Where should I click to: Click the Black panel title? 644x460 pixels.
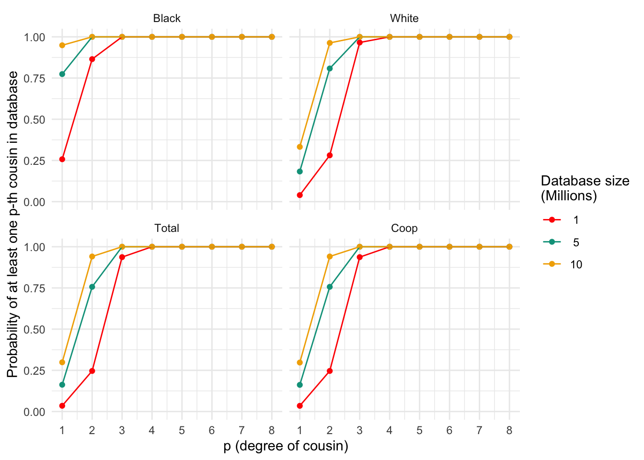point(167,18)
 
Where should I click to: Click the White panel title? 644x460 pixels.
point(404,18)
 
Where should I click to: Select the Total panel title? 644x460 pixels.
point(167,228)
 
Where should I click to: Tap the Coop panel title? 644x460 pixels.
point(404,228)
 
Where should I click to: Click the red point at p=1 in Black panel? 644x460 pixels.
point(62,159)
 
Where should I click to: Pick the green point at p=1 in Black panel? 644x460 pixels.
point(62,74)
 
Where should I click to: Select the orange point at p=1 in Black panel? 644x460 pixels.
point(62,45)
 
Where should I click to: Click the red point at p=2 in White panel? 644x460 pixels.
point(330,155)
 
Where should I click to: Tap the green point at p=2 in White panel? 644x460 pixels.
point(330,69)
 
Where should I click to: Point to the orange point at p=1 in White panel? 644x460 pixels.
point(300,147)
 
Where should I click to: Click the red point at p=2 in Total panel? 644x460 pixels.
point(92,371)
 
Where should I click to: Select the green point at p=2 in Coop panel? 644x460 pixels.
point(330,287)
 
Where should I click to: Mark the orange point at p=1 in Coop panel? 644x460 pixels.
point(300,362)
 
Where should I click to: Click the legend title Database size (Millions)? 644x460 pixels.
point(585,188)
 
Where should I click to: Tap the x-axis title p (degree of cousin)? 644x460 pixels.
point(286,446)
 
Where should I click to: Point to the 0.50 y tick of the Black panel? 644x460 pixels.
point(34,119)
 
